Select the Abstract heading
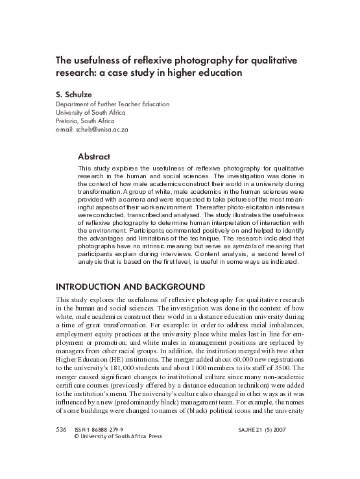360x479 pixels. (x=94, y=156)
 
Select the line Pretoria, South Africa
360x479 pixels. (x=86, y=121)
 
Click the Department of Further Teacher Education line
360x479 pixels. (x=112, y=104)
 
